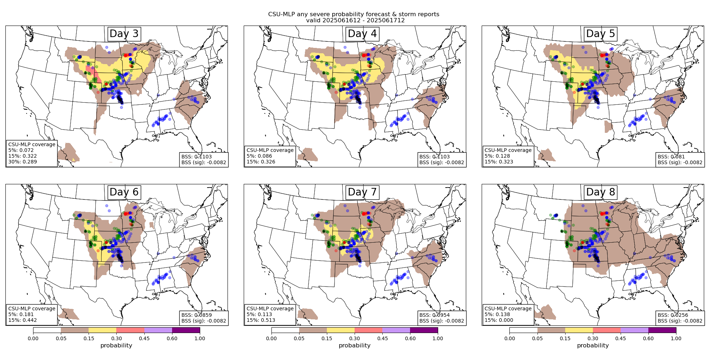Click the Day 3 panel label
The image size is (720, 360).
click(124, 34)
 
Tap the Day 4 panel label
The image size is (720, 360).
click(362, 34)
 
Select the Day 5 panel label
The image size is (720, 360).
click(600, 34)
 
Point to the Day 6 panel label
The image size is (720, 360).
click(124, 192)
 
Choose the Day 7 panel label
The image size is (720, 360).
click(362, 192)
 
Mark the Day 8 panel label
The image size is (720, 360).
click(600, 192)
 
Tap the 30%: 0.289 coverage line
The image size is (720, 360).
click(23, 162)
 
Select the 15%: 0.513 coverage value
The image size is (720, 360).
click(261, 320)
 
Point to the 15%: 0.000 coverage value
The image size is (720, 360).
click(499, 320)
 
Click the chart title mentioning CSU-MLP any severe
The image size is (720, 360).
click(354, 14)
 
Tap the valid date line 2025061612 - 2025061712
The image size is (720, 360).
click(355, 21)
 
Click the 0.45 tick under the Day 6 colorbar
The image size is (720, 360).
click(144, 338)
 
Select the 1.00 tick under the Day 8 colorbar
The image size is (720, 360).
click(676, 338)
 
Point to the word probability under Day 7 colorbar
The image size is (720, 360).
click(355, 346)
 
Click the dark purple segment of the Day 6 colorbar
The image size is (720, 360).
click(186, 330)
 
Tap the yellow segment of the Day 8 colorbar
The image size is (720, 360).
click(579, 330)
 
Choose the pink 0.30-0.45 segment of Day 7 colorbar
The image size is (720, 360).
click(368, 330)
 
